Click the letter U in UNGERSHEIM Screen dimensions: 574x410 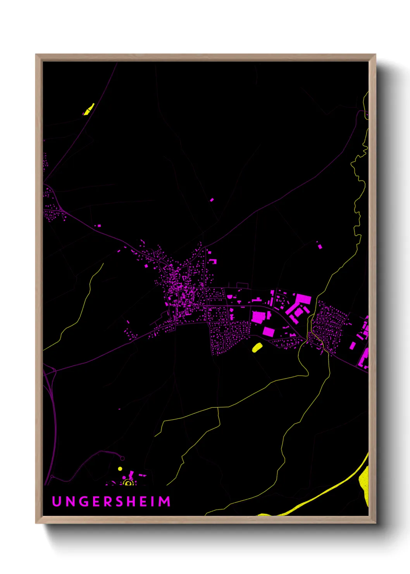57,501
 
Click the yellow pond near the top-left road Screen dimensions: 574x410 89,109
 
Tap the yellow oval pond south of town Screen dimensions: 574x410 257,347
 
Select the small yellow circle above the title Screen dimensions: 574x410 120,469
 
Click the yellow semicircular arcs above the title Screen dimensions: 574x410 128,482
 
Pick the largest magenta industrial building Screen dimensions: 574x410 302,301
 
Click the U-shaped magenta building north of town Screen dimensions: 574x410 213,261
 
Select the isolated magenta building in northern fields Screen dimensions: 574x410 212,200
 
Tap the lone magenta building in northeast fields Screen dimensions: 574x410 320,246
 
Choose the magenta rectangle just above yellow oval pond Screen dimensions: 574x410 269,332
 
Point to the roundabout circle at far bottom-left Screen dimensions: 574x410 52,476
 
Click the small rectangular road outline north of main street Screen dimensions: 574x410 242,286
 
